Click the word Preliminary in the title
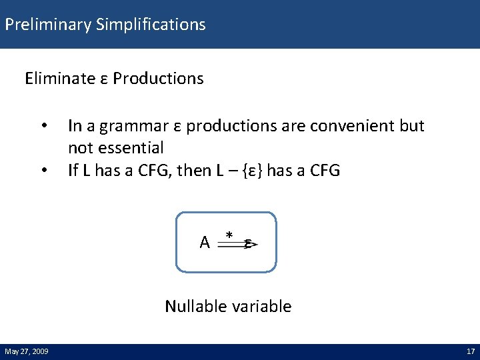[x=47, y=25]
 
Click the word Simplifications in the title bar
[x=151, y=25]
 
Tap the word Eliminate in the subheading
[x=60, y=79]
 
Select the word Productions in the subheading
[x=158, y=79]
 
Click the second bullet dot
[x=44, y=171]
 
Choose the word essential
[x=131, y=148]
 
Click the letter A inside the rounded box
[x=205, y=243]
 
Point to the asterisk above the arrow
[x=229, y=235]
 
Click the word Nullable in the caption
[x=195, y=307]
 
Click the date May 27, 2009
[x=25, y=351]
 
